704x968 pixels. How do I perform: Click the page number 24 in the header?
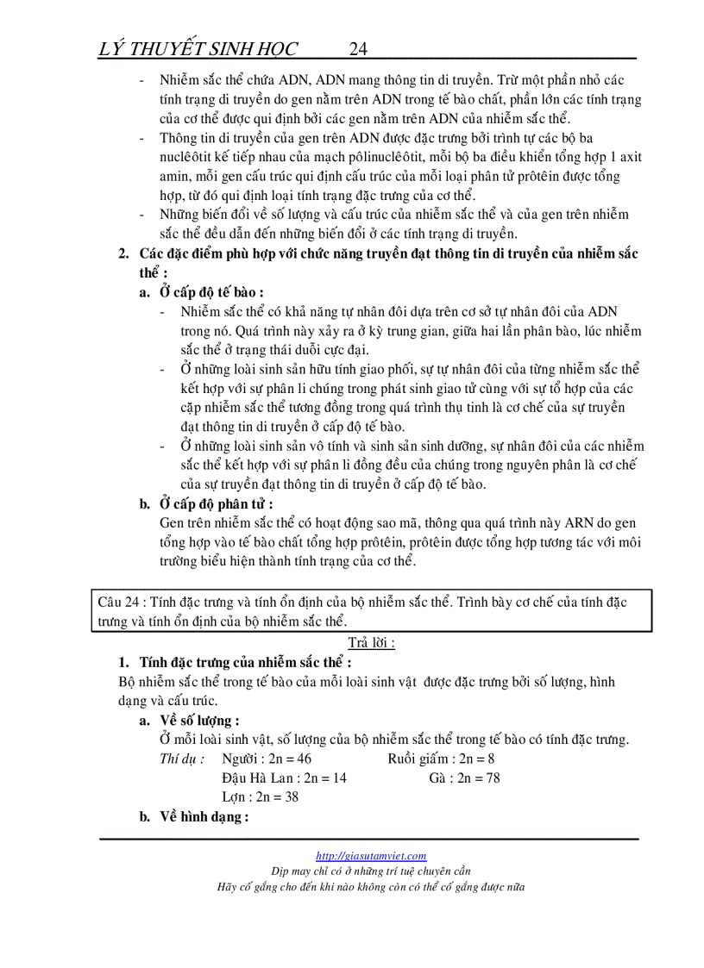tap(360, 48)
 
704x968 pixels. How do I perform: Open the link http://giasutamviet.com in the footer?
tap(371, 856)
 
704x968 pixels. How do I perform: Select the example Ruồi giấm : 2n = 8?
tap(441, 759)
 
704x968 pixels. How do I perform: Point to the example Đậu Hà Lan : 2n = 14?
tap(284, 778)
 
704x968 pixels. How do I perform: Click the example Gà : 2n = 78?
tap(464, 778)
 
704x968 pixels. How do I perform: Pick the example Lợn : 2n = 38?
tap(260, 797)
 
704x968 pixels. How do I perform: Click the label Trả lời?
tap(371, 643)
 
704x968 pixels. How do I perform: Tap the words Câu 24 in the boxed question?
tap(117, 603)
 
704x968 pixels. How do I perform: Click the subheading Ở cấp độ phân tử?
tap(217, 504)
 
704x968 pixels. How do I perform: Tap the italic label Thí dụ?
tap(182, 759)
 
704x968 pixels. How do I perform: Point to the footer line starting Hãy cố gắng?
tap(371, 887)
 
